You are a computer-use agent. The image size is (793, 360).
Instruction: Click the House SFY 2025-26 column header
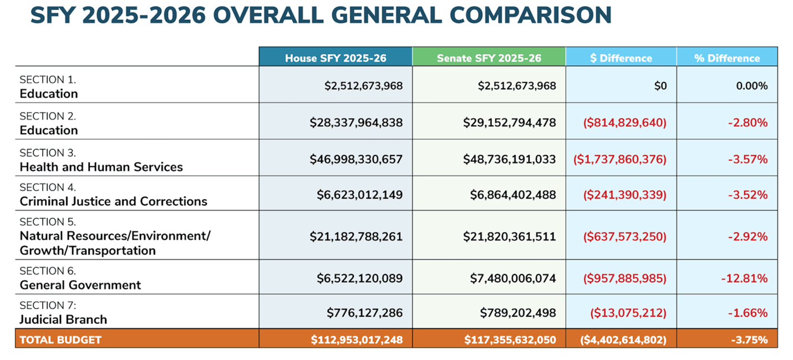tap(335, 58)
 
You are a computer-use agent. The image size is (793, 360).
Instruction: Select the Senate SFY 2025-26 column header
tap(489, 58)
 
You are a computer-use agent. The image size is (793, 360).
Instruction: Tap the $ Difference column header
tap(621, 58)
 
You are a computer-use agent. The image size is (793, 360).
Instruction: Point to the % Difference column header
tap(727, 58)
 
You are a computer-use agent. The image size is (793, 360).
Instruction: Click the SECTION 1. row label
tap(48, 79)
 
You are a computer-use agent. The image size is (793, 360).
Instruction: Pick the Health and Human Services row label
tap(101, 166)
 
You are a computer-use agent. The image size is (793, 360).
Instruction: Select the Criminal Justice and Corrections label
tap(113, 201)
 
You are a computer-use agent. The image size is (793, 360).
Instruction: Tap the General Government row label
tap(80, 285)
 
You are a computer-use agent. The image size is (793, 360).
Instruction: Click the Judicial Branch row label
tap(63, 320)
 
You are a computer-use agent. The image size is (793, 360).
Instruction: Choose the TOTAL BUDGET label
tap(60, 339)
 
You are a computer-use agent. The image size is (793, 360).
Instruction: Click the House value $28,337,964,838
tap(356, 122)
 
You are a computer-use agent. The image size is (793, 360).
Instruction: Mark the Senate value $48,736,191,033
tap(509, 159)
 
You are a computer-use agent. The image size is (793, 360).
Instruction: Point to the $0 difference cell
tap(660, 86)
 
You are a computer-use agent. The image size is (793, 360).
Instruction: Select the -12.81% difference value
tap(744, 278)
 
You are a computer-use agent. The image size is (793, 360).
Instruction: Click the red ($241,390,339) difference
tap(624, 195)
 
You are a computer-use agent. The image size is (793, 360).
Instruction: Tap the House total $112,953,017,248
tap(357, 339)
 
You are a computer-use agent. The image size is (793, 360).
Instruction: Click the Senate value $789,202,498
tap(517, 313)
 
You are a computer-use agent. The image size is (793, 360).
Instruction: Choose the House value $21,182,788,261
tap(356, 236)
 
